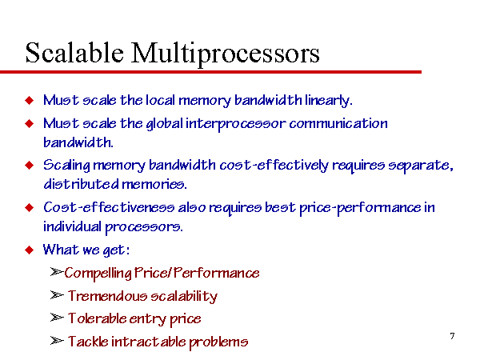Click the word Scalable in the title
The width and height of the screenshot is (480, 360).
coord(74,53)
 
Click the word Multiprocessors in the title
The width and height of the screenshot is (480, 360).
coord(226,54)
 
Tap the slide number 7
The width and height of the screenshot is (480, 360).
coord(453,336)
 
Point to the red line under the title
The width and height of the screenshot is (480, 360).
coord(210,72)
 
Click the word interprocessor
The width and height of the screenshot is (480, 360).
coord(236,124)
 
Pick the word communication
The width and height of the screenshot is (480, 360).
coord(338,123)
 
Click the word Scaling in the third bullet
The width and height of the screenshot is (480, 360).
coord(66,166)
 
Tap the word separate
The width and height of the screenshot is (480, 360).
coord(421,166)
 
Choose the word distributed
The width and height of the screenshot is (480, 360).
coord(81,184)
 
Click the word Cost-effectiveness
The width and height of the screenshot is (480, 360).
coord(109,207)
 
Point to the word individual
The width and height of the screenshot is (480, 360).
coord(72,226)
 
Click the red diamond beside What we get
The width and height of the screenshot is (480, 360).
coord(30,250)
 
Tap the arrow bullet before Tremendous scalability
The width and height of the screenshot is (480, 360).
coord(57,295)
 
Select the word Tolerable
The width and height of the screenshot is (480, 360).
coord(97,318)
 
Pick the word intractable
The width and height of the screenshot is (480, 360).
coord(149,342)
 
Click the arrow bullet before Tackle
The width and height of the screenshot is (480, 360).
coord(57,341)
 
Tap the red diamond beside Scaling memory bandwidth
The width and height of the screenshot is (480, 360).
coord(30,166)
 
